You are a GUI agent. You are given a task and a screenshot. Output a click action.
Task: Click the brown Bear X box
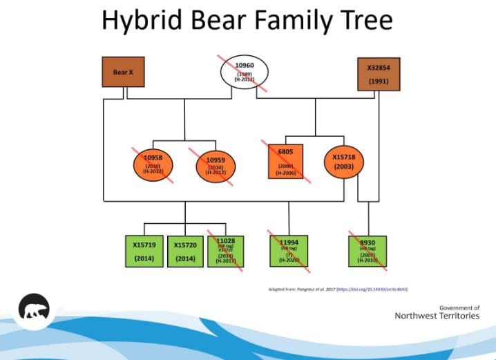(124, 72)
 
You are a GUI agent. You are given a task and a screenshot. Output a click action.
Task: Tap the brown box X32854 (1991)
(378, 74)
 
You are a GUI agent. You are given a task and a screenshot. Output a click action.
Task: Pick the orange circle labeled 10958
(153, 165)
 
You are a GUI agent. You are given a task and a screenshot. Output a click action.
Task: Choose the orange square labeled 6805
(285, 162)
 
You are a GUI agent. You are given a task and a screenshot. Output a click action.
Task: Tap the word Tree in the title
(364, 20)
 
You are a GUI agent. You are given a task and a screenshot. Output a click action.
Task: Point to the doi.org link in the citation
(376, 289)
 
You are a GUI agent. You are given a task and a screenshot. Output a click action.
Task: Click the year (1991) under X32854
(378, 82)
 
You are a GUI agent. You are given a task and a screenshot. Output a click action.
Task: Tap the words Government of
(459, 307)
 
